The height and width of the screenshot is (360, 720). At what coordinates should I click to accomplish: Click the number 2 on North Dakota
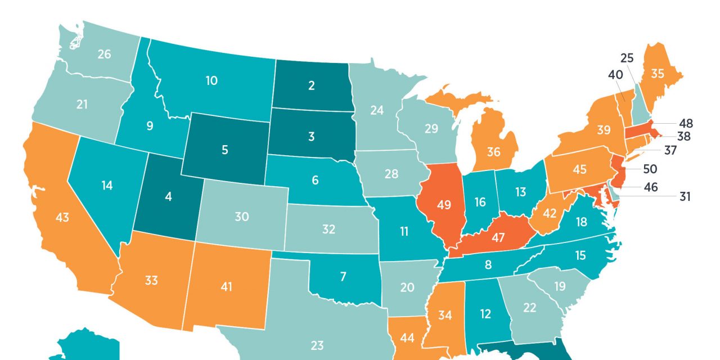(x=311, y=85)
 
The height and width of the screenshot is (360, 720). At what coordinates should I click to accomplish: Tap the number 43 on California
(x=62, y=217)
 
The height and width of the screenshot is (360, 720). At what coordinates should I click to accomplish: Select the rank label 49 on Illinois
(x=444, y=205)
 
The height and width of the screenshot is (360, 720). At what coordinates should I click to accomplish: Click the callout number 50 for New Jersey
(x=650, y=168)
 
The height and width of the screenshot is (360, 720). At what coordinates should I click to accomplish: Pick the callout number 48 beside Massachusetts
(x=686, y=123)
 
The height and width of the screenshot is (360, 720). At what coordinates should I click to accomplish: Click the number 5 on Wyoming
(x=224, y=150)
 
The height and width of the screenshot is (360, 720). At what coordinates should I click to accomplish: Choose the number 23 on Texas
(x=316, y=345)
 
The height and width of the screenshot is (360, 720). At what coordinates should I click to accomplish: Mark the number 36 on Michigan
(x=493, y=152)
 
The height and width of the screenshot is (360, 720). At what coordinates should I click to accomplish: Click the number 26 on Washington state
(x=104, y=54)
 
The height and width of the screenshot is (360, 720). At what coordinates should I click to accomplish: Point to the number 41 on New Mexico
(x=226, y=287)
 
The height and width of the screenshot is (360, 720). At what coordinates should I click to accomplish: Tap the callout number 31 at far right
(x=685, y=196)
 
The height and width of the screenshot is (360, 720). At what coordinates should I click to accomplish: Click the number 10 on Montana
(x=211, y=80)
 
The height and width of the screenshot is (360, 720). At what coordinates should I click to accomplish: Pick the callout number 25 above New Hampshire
(x=627, y=58)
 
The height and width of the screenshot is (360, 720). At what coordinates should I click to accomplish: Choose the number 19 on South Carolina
(x=559, y=286)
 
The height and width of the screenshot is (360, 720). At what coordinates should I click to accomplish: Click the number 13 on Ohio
(x=520, y=192)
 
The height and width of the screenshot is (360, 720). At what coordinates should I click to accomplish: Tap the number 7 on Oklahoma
(x=343, y=276)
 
